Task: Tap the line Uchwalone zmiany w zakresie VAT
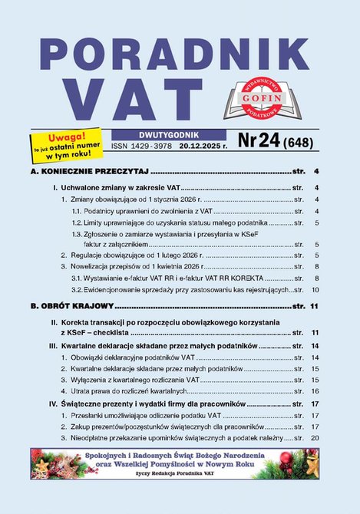(115, 187)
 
